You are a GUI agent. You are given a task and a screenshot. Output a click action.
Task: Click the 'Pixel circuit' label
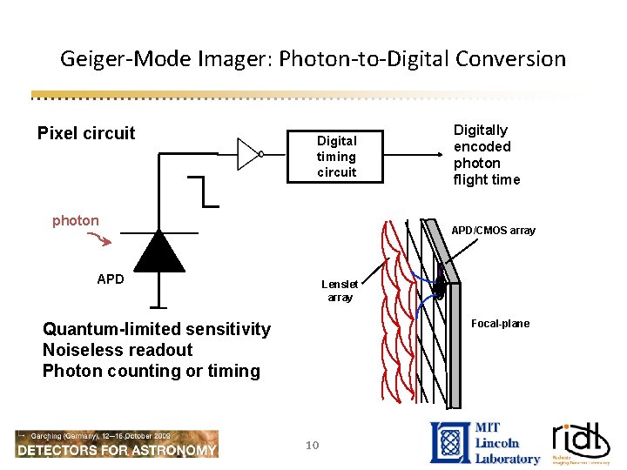pyautogui.click(x=86, y=133)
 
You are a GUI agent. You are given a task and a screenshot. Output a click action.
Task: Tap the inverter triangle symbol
pyautogui.click(x=249, y=154)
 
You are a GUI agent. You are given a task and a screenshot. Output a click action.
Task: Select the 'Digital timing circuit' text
pyautogui.click(x=336, y=156)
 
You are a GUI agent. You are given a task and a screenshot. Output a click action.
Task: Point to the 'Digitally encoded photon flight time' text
pyautogui.click(x=486, y=155)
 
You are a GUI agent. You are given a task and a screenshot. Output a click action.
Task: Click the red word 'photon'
pyautogui.click(x=76, y=220)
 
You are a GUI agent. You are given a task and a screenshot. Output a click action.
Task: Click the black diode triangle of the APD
pyautogui.click(x=158, y=252)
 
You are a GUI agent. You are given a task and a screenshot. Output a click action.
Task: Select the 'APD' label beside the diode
pyautogui.click(x=111, y=279)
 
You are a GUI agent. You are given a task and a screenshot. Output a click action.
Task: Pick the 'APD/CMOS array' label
pyautogui.click(x=493, y=231)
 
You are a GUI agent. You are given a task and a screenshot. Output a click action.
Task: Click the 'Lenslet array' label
pyautogui.click(x=340, y=291)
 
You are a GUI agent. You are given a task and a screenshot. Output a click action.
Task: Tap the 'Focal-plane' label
pyautogui.click(x=500, y=324)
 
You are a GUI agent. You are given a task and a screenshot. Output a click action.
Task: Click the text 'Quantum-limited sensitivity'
pyautogui.click(x=157, y=329)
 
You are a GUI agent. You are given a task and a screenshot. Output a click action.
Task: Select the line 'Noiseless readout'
pyautogui.click(x=118, y=350)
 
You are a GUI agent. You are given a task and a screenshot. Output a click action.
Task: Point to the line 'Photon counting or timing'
pyautogui.click(x=152, y=371)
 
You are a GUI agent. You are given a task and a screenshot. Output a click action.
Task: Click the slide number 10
pyautogui.click(x=313, y=445)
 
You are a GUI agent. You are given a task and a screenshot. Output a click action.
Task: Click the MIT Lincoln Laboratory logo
pyautogui.click(x=485, y=442)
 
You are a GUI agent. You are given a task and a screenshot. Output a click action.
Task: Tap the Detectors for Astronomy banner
pyautogui.click(x=117, y=444)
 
